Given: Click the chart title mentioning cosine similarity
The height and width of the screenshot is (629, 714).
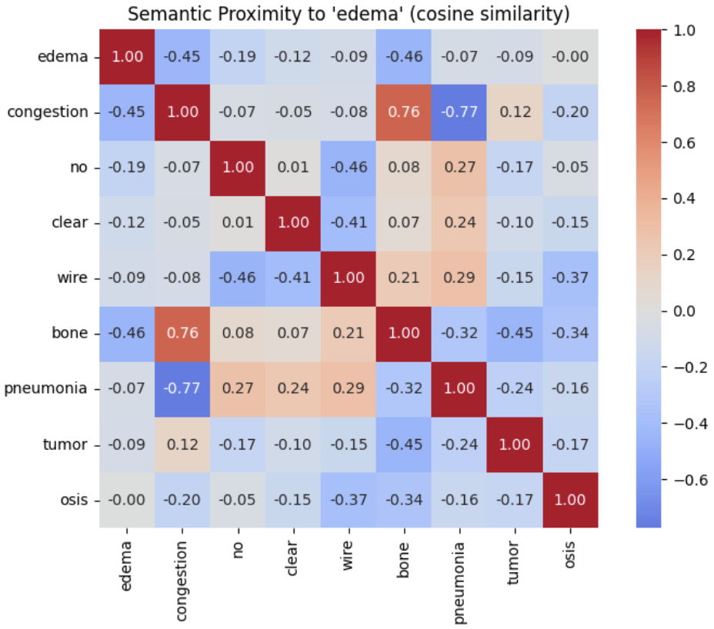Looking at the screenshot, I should point(349,14).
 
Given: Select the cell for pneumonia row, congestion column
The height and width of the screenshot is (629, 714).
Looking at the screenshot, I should point(183,389).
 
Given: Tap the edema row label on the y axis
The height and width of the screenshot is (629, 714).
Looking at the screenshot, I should point(67,57).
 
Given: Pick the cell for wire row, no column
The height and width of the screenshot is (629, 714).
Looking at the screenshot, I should point(239,278).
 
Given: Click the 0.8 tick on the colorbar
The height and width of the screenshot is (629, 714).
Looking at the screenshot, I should point(686,87).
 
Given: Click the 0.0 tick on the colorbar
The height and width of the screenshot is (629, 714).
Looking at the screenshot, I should point(686,311).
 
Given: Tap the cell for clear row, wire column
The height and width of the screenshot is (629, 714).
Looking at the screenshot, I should point(349,223).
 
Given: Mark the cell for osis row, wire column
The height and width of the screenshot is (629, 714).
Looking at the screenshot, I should point(349,500).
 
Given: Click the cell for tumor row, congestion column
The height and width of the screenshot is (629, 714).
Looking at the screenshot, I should point(183,444).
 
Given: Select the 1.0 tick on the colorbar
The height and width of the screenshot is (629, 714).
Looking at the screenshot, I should point(686,31).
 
